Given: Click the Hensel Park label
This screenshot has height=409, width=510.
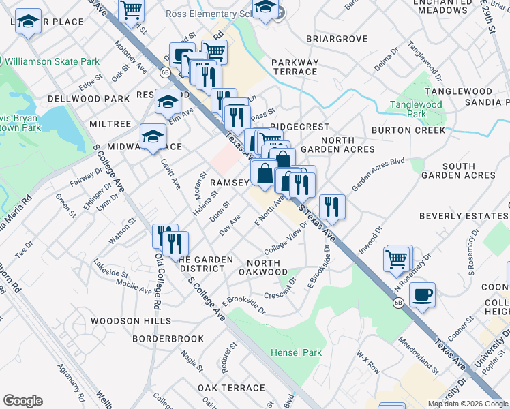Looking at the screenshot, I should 295,352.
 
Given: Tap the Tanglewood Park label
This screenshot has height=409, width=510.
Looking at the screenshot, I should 416,109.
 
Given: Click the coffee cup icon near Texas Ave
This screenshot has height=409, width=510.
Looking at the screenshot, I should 422,294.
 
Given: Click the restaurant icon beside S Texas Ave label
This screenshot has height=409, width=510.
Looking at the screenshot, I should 332,206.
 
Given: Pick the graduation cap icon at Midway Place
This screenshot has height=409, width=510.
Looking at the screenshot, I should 153,136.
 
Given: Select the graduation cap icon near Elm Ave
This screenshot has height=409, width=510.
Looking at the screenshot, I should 168,102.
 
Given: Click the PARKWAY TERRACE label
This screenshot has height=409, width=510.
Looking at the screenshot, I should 295,67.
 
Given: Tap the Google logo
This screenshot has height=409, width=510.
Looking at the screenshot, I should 22,401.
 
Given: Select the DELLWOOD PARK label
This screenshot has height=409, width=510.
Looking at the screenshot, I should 89,99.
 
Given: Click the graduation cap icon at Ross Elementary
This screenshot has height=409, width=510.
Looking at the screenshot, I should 265,8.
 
